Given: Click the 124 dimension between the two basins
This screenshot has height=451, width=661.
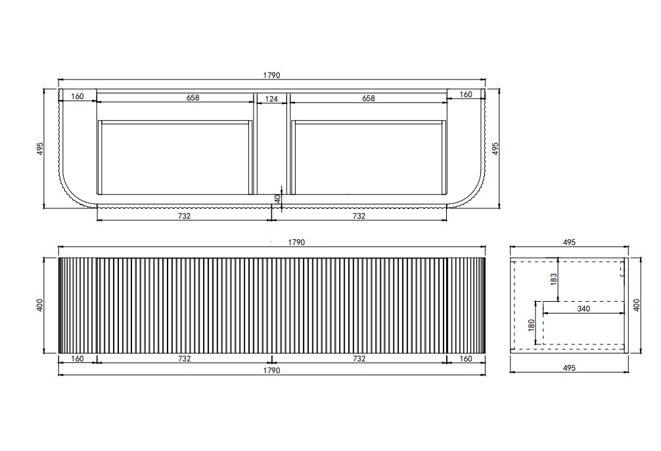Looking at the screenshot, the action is [271, 99].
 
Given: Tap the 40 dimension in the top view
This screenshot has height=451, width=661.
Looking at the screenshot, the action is [277, 199].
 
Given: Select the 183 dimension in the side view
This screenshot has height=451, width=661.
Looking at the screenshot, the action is [553, 279].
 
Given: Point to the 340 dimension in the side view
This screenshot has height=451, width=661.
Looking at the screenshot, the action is [583, 308].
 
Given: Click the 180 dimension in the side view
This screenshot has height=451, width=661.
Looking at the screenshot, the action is [531, 325].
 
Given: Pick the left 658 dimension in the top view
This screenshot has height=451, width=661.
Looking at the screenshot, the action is [193, 97].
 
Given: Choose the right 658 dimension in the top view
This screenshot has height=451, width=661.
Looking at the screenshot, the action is [368, 99].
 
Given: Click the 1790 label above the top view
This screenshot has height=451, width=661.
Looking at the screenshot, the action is [271, 76].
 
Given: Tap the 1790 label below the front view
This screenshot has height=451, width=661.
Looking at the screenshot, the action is [271, 370].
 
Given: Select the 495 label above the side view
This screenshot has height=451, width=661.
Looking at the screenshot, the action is [569, 242].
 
